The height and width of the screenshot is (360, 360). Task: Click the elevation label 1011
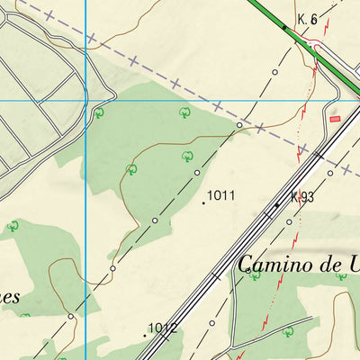click(x=221, y=194)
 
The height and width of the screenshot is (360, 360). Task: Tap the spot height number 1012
click(x=162, y=328)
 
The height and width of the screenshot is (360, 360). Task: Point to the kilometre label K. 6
click(x=308, y=19)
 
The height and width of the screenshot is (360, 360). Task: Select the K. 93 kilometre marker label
click(x=301, y=197)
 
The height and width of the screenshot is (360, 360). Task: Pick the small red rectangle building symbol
click(x=336, y=117)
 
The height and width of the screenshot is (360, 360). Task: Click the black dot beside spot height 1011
click(x=203, y=202)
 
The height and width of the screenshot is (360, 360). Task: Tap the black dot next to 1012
click(x=145, y=335)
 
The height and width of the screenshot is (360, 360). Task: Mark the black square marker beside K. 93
click(x=276, y=205)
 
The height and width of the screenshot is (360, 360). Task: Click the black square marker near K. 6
click(x=285, y=27)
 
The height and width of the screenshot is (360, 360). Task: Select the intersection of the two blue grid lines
click(x=86, y=101)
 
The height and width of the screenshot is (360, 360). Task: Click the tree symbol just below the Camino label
click(x=255, y=275)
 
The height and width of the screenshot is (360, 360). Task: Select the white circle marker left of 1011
click(x=155, y=220)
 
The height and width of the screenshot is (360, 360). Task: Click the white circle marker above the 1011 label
click(x=197, y=172)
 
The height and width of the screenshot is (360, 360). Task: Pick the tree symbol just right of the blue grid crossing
click(x=99, y=112)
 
